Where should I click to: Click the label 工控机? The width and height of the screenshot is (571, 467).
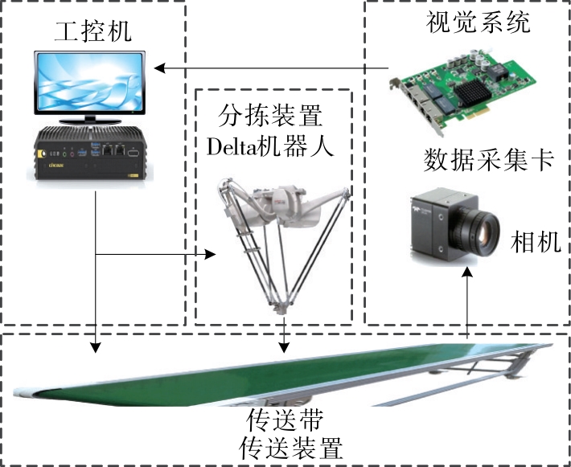(92, 31)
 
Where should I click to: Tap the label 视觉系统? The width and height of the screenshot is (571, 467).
(479, 22)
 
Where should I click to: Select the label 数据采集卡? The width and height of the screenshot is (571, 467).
(488, 160)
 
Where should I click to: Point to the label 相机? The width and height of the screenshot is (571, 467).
(536, 242)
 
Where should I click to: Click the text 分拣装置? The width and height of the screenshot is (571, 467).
(270, 115)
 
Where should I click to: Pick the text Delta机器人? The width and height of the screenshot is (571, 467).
(270, 146)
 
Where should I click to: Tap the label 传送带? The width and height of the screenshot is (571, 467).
(285, 420)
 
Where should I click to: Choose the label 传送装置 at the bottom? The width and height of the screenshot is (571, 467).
(291, 448)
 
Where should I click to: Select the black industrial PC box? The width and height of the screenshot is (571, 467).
(90, 154)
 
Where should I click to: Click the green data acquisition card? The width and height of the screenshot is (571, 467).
(462, 91)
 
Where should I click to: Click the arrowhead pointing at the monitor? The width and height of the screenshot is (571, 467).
(159, 68)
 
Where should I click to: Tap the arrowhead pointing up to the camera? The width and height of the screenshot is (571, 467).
(467, 272)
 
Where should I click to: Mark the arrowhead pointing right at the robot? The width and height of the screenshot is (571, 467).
(210, 254)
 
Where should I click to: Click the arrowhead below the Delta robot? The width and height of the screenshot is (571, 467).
(284, 347)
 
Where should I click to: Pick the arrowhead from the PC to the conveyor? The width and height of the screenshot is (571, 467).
(96, 347)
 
